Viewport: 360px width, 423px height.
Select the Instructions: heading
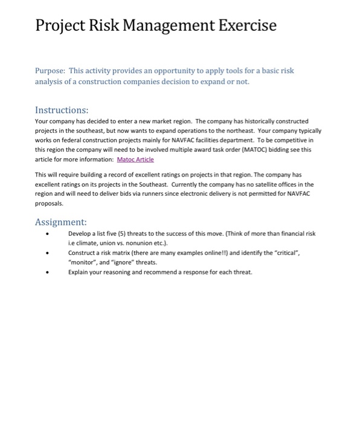(62, 111)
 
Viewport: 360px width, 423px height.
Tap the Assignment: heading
(61, 222)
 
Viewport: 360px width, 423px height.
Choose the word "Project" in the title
(63, 26)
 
